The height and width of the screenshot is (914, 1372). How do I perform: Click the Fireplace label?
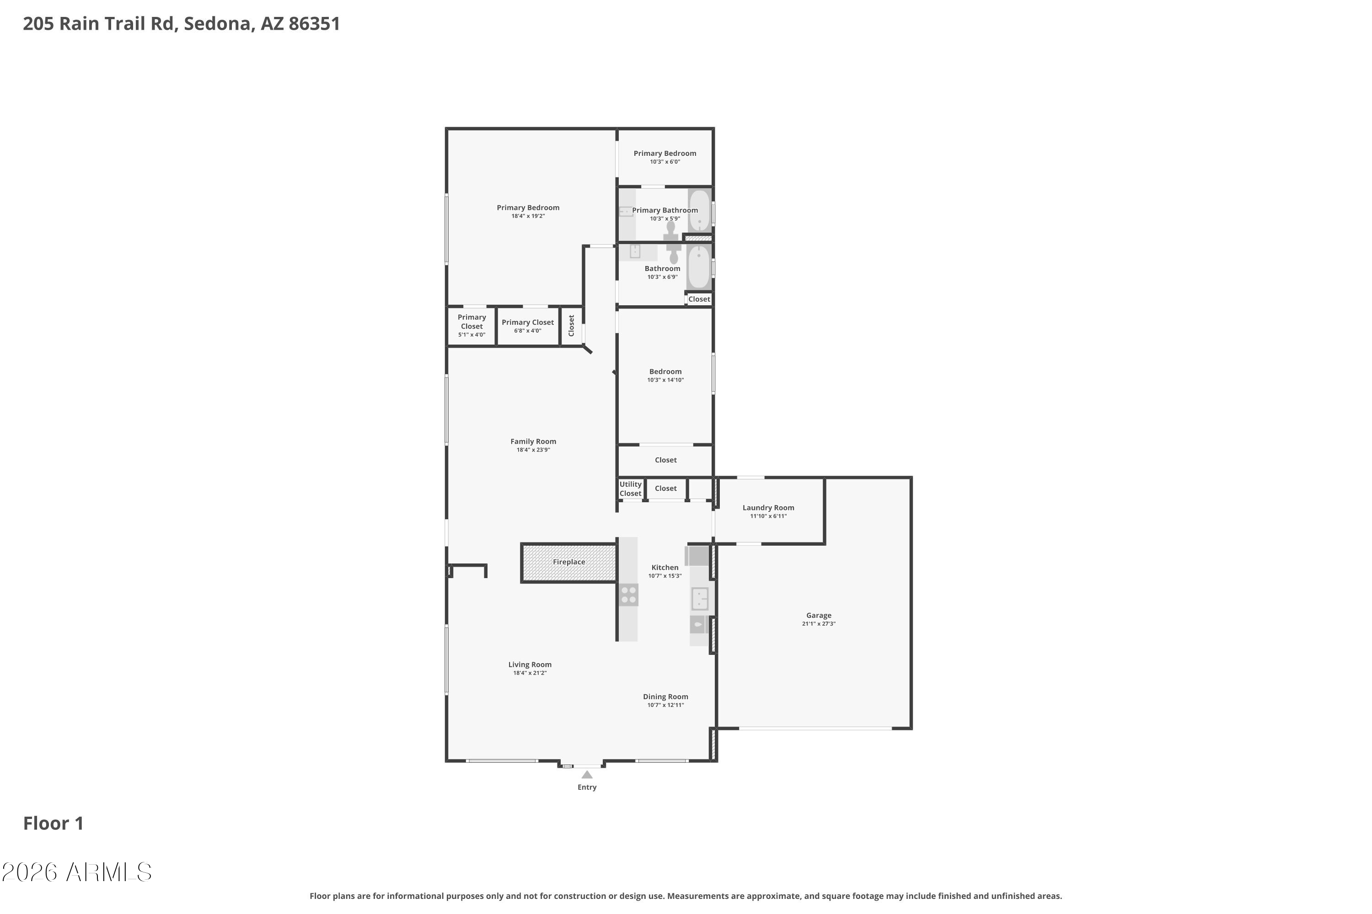point(569,562)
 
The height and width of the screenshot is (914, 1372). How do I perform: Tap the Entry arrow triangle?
point(587,775)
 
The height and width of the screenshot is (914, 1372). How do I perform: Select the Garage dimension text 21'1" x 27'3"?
point(819,624)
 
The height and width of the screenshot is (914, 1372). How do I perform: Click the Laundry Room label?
point(768,508)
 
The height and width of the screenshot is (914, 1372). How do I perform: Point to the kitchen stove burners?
point(628,595)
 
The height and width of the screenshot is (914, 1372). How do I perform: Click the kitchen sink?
point(699,599)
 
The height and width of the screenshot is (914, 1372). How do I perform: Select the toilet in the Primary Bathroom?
point(671,231)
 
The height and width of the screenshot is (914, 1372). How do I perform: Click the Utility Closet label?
point(630,489)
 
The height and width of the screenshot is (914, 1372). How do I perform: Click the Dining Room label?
point(665,696)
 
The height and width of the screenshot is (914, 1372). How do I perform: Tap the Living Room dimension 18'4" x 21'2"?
point(530,673)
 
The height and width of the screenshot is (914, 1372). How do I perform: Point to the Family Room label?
point(533,441)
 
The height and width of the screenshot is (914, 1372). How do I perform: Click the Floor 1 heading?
point(53,823)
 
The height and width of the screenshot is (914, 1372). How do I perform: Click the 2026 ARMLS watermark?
point(76,872)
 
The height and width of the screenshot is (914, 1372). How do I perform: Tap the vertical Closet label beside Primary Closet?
point(571,325)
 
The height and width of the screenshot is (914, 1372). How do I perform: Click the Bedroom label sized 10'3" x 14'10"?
point(665,371)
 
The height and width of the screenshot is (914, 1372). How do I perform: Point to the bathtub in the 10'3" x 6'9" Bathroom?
point(698,267)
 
